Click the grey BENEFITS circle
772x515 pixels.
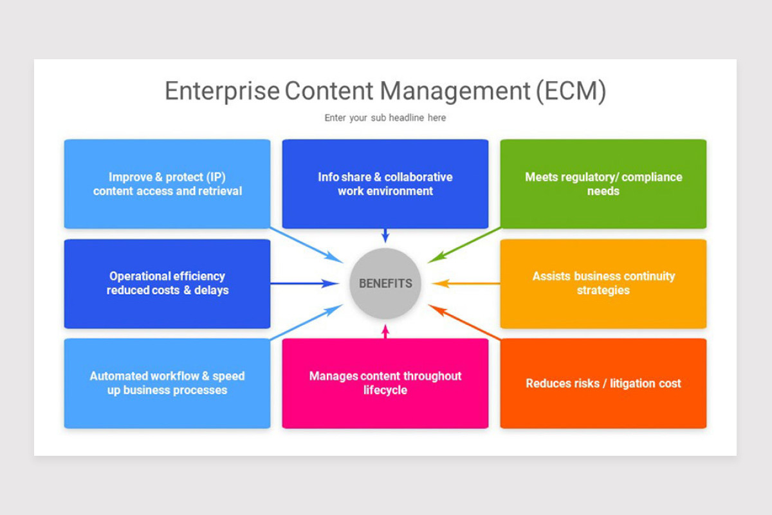point(385,283)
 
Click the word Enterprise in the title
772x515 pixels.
point(222,91)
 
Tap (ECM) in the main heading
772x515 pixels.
point(571,91)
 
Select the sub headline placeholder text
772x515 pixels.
point(385,118)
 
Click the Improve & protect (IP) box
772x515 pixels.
point(167,184)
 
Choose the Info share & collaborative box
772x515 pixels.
point(385,184)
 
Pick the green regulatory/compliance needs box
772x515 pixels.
point(603,184)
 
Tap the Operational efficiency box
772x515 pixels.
point(167,283)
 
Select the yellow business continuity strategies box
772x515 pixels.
point(603,283)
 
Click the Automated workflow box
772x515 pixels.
point(167,383)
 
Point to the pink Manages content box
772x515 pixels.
point(385,383)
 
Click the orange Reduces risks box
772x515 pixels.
point(603,383)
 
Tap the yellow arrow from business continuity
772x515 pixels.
point(466,283)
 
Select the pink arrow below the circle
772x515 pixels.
point(385,331)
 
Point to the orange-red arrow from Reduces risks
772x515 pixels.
point(464,323)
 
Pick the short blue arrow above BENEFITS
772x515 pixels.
point(385,235)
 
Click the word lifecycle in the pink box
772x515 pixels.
point(385,390)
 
